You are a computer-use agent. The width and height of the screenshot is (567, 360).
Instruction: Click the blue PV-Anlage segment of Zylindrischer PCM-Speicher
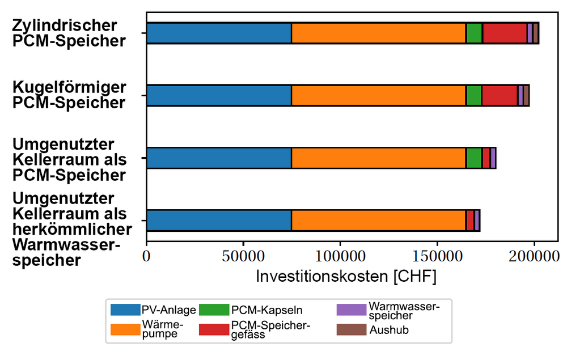[219, 33]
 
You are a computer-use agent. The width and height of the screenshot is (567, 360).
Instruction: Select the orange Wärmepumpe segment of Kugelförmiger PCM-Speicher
[379, 96]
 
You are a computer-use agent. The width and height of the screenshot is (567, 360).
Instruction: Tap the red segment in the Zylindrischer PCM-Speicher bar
[504, 33]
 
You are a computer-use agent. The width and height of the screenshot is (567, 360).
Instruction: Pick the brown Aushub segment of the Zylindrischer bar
[536, 33]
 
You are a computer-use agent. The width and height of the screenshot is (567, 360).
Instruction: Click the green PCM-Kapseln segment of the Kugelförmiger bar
[474, 96]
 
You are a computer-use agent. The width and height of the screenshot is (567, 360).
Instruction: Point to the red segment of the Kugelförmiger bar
[500, 96]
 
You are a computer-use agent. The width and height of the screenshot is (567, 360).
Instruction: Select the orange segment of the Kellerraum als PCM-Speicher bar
[379, 158]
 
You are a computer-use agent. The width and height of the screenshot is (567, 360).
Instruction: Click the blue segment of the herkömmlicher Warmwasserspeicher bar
[219, 220]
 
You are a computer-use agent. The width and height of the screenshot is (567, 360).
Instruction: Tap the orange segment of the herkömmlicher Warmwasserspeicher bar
[379, 220]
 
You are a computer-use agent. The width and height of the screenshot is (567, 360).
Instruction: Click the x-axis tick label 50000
[243, 256]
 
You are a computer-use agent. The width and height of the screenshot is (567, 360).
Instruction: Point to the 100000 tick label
[340, 256]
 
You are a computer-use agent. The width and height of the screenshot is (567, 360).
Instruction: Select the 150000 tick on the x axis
[437, 256]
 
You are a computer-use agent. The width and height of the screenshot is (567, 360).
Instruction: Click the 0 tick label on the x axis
[146, 256]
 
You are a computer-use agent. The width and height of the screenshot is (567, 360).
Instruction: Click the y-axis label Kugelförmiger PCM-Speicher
[70, 95]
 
